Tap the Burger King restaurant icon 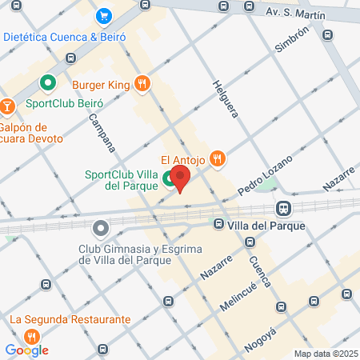pos(142,82)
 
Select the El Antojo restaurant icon pos(217,158)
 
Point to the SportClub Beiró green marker pos(47,82)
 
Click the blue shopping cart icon pos(102,15)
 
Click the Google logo pos(26,350)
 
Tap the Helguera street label pos(225,98)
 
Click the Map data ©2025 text pos(324,354)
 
